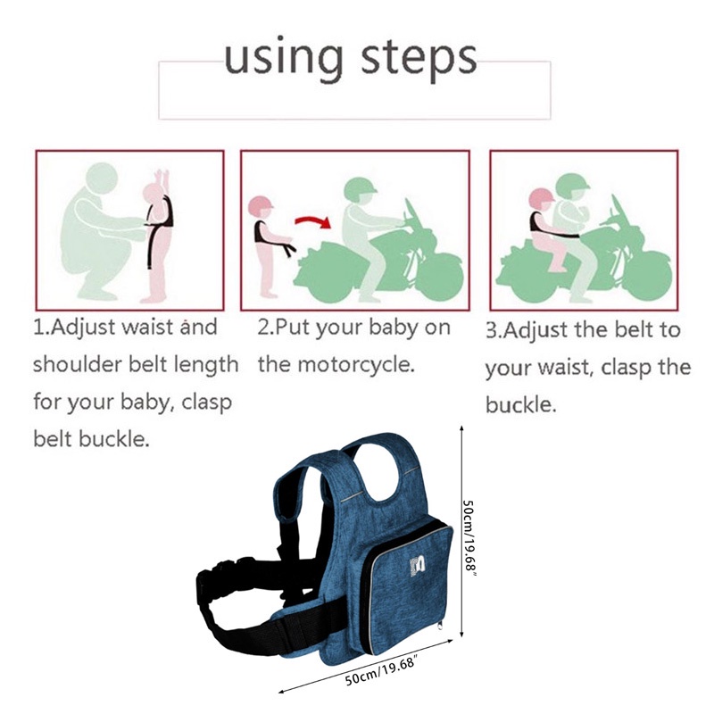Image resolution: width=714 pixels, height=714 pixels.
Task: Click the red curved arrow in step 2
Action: pos(313,221)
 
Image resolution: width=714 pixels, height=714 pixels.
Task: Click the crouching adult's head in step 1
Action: pos(102,180)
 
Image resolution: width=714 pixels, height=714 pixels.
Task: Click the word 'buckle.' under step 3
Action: pos(521,404)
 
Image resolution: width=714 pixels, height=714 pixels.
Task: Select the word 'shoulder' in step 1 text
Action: pos(78,364)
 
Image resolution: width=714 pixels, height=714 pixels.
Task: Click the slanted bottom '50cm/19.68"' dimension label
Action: pos(380,670)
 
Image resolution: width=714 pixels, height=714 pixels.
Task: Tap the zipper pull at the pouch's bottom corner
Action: pos(439,626)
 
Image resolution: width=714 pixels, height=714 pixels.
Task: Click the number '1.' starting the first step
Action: pos(41,328)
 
